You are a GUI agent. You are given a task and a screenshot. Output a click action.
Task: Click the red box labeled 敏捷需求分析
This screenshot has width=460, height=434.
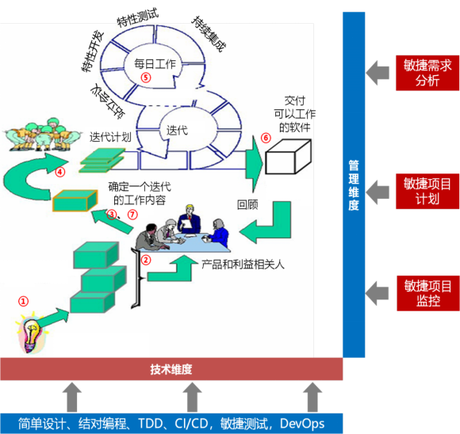427,73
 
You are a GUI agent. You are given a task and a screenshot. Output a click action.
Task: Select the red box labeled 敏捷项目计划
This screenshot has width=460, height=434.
427,192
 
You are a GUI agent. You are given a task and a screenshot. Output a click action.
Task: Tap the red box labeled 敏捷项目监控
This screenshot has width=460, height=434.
427,293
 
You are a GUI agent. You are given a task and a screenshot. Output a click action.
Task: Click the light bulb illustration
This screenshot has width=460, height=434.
32,333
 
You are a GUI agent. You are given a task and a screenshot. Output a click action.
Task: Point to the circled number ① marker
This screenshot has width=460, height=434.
24,301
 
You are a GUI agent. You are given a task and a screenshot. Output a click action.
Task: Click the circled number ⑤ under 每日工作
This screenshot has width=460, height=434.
146,78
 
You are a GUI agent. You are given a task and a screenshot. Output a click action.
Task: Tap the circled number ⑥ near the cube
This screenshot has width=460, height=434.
266,138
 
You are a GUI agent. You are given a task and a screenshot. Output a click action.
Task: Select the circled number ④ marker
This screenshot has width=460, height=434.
60,172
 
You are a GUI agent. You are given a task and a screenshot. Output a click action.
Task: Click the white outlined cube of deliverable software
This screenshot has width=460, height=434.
288,157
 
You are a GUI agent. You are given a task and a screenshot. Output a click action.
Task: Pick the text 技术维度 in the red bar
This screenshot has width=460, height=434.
171,369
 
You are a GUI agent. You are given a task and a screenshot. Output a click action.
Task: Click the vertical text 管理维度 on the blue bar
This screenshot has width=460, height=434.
354,185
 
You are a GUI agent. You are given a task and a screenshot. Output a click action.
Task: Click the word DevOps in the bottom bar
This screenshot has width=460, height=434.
302,424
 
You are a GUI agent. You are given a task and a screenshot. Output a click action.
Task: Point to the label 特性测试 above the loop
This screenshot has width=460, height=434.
137,17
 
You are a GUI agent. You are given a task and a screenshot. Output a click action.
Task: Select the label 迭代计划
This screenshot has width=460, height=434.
110,137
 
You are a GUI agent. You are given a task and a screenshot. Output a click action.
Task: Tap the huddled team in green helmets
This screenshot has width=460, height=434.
41,135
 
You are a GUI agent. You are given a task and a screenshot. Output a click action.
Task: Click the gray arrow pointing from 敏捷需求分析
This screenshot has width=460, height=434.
378,73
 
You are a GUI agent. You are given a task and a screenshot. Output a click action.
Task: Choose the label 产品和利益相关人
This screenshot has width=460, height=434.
243,265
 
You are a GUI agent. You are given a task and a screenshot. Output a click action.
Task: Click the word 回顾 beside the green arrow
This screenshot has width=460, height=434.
247,205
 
